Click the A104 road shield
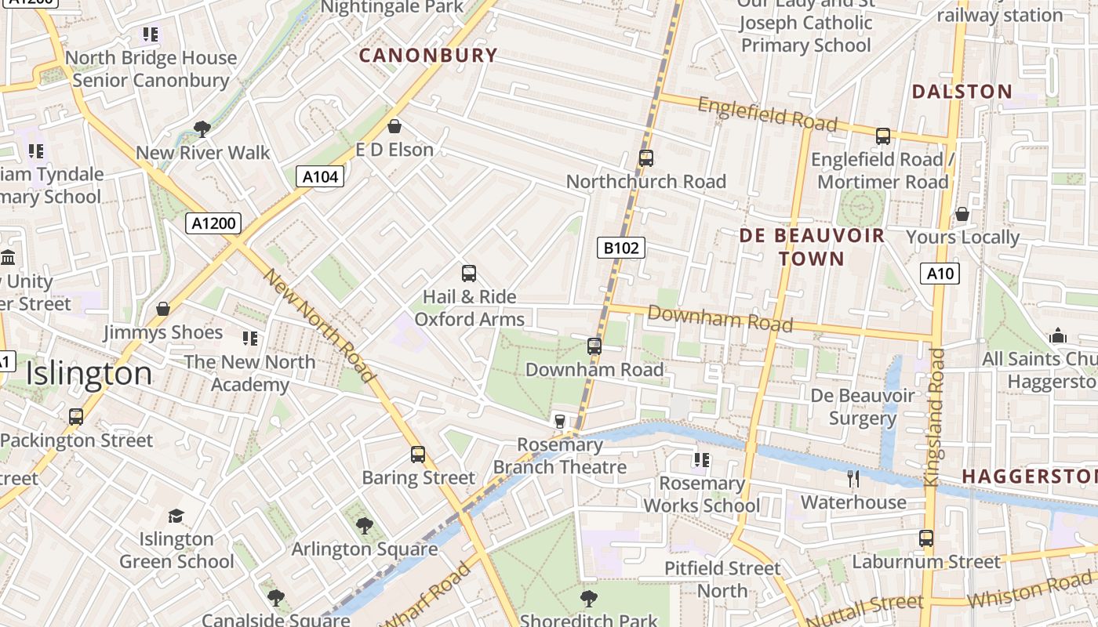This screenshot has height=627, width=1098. [321, 177]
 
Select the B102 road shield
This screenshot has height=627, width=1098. [620, 248]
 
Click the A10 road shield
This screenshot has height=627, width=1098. [940, 274]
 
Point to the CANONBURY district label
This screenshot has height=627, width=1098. [428, 56]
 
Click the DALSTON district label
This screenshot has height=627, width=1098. [962, 92]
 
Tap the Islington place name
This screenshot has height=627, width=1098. [89, 374]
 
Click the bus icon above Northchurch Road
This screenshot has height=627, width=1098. [645, 158]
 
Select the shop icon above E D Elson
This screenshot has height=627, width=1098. [394, 126]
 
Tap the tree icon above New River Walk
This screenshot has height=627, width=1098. [202, 129]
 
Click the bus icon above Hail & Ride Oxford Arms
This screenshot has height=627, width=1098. [469, 274]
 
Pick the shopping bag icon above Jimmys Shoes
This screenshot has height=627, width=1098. [163, 309]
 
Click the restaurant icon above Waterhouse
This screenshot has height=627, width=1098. [853, 478]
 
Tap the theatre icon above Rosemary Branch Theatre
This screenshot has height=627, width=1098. [559, 422]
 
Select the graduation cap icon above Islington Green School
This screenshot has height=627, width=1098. [176, 516]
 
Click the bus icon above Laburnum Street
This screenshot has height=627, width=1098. [926, 538]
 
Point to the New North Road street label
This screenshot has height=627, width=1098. [320, 325]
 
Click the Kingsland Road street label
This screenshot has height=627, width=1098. [935, 418]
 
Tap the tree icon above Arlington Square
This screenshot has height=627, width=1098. [364, 526]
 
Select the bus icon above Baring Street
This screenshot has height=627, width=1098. [418, 455]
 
